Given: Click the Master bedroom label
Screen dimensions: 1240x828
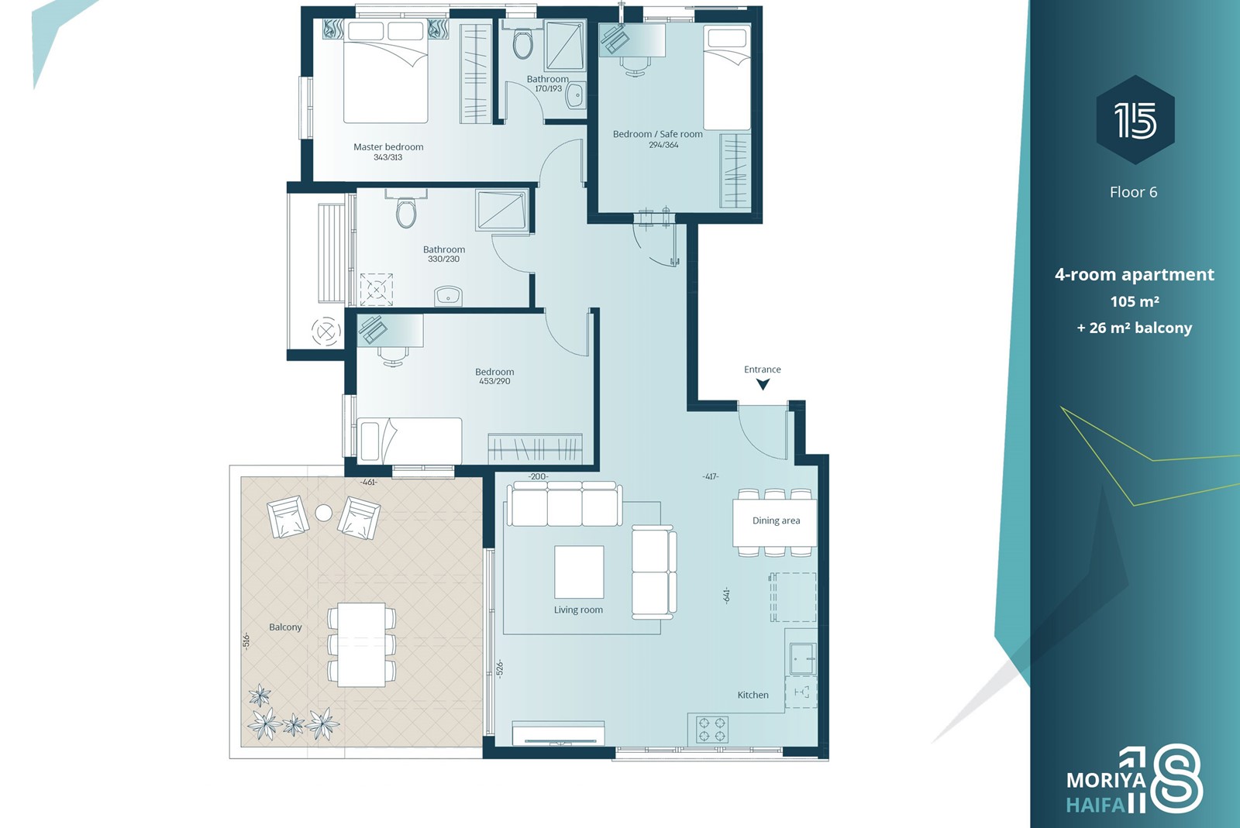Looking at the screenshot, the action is tap(388, 147).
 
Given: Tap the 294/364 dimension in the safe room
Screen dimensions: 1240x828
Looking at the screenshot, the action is tap(663, 145).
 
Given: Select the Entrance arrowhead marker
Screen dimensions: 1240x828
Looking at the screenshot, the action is tap(763, 384).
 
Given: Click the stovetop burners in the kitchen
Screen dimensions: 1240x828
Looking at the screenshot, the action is tap(712, 729).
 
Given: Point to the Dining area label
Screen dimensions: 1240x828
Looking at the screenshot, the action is tap(776, 521).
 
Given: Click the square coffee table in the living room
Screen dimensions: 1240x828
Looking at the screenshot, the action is tap(579, 572).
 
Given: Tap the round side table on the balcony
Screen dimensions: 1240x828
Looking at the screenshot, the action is tap(323, 514).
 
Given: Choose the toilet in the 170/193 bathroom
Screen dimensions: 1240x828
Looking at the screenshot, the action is tap(522, 43).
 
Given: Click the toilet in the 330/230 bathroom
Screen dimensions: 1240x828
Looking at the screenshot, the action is tap(406, 213).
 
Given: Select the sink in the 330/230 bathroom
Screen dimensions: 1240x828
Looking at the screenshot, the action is tap(448, 296).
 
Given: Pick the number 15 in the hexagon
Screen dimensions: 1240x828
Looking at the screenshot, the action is tap(1135, 120).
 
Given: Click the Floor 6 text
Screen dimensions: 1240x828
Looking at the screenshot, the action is tap(1133, 192).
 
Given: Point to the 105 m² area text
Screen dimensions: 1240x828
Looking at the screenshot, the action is tap(1135, 301).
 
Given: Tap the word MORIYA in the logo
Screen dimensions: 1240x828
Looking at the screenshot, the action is tap(1106, 781).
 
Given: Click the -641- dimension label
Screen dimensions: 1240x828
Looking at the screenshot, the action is tap(726, 595).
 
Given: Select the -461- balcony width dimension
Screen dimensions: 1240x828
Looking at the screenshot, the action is tap(369, 483).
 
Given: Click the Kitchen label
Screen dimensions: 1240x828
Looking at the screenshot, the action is tap(753, 696).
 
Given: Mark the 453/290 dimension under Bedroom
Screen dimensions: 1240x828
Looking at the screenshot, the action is tap(494, 381).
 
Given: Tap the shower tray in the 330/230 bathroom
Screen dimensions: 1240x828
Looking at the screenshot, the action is tap(501, 210).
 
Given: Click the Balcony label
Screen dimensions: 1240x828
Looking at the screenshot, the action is tap(285, 627).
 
